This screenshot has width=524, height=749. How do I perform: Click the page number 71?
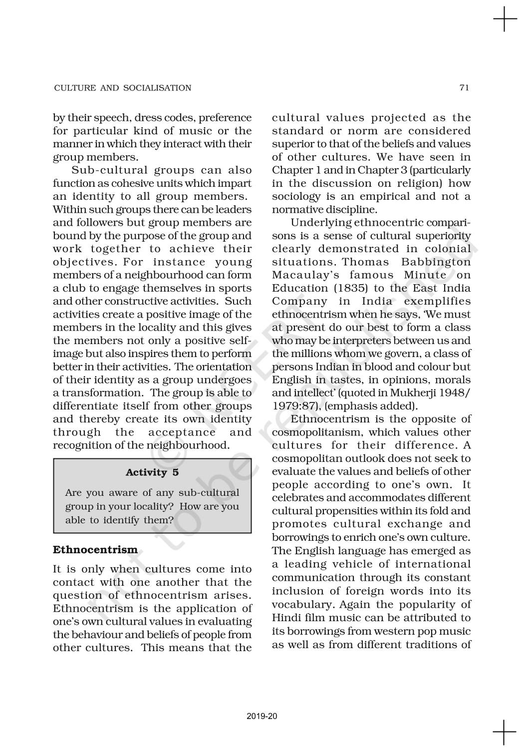coord(464,88)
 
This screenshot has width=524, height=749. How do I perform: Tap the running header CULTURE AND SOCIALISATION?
coord(122,88)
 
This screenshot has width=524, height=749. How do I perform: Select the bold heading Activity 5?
coord(152,472)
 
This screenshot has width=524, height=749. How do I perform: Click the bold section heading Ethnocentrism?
coord(95,550)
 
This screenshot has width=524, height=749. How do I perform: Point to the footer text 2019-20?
coord(262,716)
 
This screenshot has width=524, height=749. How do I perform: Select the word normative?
coord(297,210)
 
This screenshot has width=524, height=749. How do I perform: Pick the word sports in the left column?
coord(236,288)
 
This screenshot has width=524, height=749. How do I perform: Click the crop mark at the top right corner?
coord(505,20)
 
